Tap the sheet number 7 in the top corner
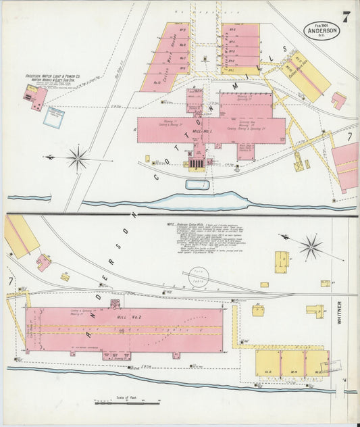coord(345,16)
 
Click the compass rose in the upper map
coord(78,159)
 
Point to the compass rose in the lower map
coord(311,247)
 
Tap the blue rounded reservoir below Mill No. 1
coord(197,184)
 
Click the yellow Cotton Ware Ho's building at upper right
coord(307,76)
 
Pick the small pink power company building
coord(37,97)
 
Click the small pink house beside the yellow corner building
coord(43,261)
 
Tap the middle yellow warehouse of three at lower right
coord(293,363)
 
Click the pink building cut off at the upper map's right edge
coord(346,166)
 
